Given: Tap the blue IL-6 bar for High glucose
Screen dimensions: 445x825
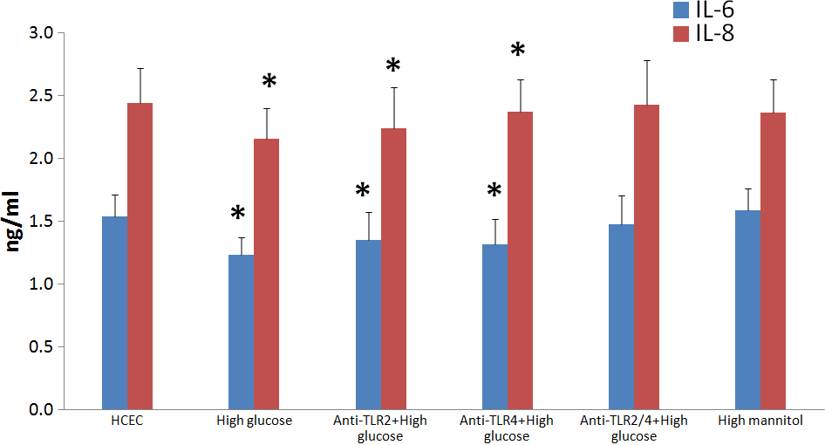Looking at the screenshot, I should (241, 332).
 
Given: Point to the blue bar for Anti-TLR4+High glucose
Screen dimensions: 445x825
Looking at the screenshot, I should (494, 326).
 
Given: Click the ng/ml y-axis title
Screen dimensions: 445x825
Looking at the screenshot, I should (17, 222).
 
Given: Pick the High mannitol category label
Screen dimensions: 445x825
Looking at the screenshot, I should (760, 421).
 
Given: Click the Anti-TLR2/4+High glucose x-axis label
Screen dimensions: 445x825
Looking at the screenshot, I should (634, 428).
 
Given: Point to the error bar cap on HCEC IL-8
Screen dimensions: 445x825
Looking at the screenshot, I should (140, 68).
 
